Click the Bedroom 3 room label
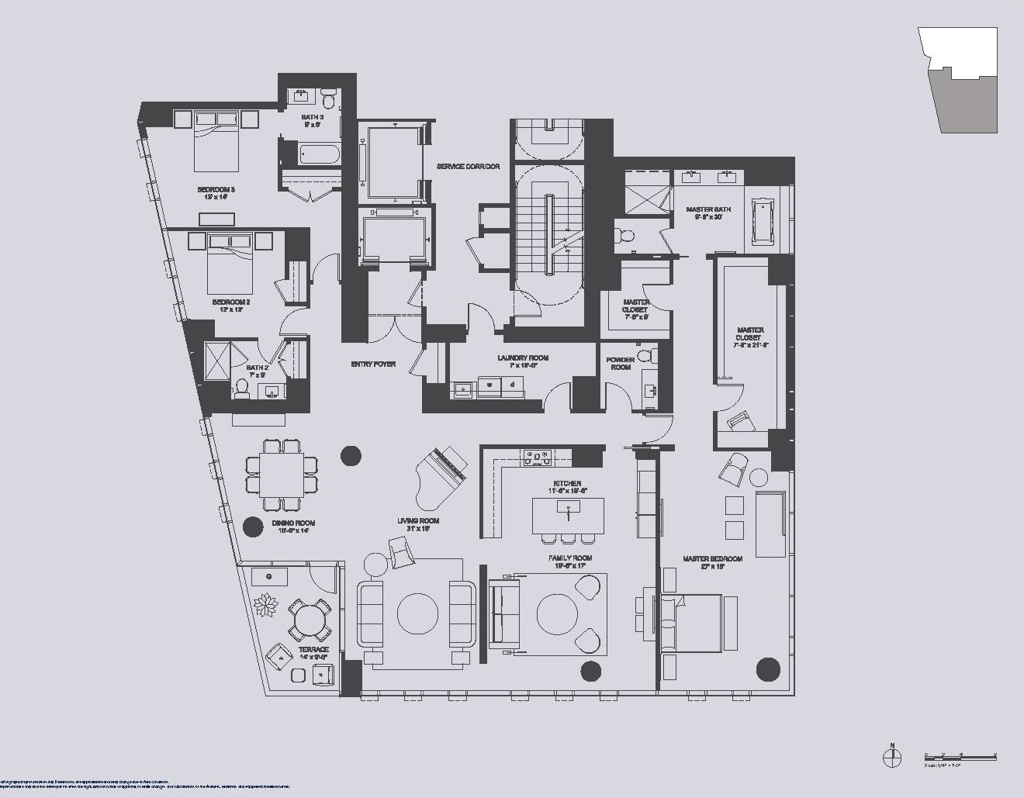click(x=216, y=190)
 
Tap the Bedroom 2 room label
click(x=231, y=302)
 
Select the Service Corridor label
click(x=468, y=167)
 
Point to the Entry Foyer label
click(x=373, y=364)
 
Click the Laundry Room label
click(x=523, y=358)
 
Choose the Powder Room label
click(x=621, y=363)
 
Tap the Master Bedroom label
click(x=712, y=558)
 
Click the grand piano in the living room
click(x=441, y=469)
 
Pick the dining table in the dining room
click(x=282, y=475)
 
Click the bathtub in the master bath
click(x=764, y=221)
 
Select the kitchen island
click(x=568, y=515)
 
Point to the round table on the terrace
click(x=310, y=620)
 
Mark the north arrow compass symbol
click(x=892, y=755)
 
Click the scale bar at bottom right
click(x=960, y=756)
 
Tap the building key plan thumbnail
click(x=959, y=81)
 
